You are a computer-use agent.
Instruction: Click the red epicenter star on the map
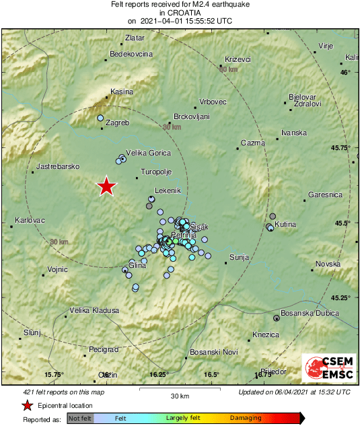point(106,186)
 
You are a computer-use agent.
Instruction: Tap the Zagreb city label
point(117,123)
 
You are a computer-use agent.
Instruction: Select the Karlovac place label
point(29,220)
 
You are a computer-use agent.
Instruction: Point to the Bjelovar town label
point(302,97)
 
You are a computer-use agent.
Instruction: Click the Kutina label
point(285,223)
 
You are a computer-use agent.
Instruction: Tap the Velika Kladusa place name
point(95,310)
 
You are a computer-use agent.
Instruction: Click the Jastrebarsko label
point(58,166)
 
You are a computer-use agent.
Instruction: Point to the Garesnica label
point(326,194)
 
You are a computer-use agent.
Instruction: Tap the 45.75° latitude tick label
point(341,147)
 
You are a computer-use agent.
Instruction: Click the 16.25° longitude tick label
point(158,375)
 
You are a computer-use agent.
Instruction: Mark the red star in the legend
point(27,405)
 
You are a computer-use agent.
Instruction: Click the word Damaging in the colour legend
point(246,419)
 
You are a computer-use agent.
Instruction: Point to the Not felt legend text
point(80,419)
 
